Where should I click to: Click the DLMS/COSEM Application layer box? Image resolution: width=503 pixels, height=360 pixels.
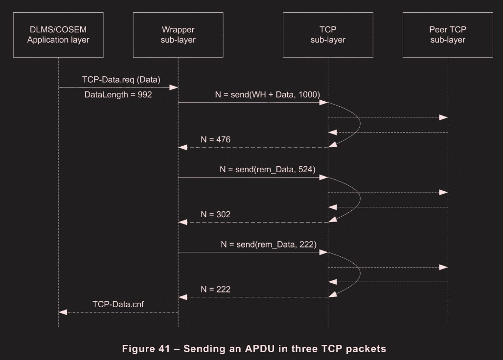pos(58,35)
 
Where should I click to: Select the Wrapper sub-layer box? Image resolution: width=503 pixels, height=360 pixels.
pos(178,35)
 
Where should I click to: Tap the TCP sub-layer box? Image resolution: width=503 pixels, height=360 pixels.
pos(328,35)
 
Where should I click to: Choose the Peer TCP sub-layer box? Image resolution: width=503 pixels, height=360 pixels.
pos(448,35)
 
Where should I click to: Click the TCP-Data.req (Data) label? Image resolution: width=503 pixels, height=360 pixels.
pos(121,79)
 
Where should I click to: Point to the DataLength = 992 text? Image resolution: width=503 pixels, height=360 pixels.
pos(118,94)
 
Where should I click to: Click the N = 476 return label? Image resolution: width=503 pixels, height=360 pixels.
pos(215,139)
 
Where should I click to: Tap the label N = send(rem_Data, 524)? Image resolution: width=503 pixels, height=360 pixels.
pos(268,169)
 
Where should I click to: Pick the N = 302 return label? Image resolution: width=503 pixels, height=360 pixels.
pos(215,214)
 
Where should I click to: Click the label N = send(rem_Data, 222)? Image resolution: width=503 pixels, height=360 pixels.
pos(268,244)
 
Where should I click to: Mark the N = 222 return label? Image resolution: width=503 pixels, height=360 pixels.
pos(215,289)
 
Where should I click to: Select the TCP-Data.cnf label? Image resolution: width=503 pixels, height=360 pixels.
pos(118,304)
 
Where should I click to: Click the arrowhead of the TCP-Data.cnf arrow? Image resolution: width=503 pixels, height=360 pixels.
pos(61,312)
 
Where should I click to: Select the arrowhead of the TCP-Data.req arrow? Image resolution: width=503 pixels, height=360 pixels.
pos(174,87)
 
